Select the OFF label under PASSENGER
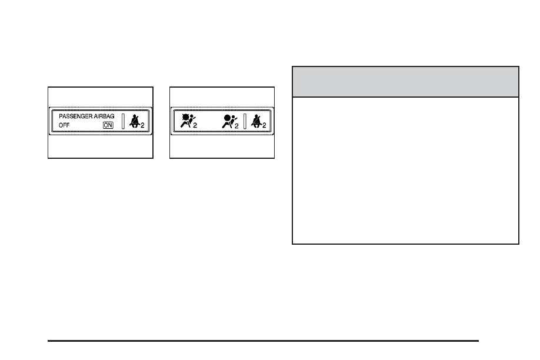click(x=64, y=125)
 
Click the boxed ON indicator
click(x=108, y=125)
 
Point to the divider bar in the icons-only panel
click(x=244, y=121)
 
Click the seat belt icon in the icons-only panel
click(x=256, y=121)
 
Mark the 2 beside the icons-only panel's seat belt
click(x=264, y=126)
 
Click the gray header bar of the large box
click(x=405, y=82)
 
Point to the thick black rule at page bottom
click(x=263, y=340)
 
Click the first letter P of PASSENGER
click(x=61, y=117)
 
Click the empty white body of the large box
click(x=405, y=170)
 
